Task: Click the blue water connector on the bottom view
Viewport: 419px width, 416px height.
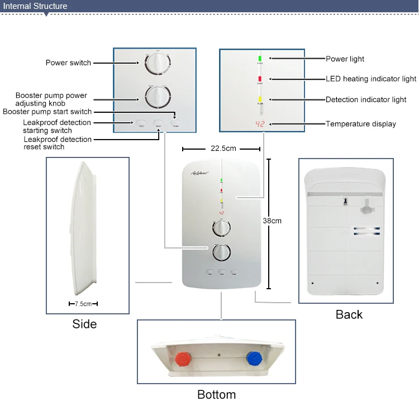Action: tap(254, 357)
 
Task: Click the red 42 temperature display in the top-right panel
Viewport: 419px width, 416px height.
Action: tap(260, 124)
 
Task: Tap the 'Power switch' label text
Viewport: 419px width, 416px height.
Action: tap(68, 63)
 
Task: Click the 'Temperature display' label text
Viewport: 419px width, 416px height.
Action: tap(360, 124)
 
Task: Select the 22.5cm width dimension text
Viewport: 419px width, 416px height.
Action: tap(222, 149)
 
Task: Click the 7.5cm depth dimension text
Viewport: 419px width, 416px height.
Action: tap(83, 304)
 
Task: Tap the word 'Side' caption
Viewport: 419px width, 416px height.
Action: tap(84, 324)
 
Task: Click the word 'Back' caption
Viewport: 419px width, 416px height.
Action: tap(349, 314)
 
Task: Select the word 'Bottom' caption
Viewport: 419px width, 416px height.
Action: tap(216, 395)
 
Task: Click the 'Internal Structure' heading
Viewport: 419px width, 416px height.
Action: tap(36, 7)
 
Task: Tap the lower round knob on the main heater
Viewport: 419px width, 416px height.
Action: tap(222, 252)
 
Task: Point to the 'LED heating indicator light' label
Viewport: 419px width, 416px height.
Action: tap(370, 79)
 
